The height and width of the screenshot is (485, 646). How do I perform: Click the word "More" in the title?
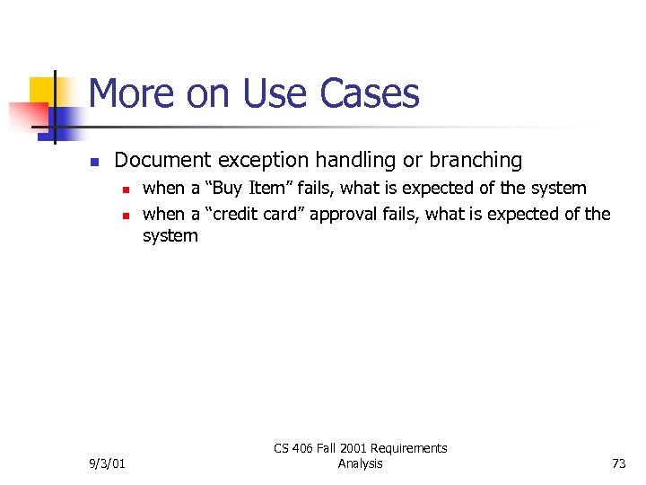click(127, 93)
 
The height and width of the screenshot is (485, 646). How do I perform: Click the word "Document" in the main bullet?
click(162, 161)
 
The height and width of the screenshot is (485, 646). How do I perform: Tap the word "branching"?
click(475, 161)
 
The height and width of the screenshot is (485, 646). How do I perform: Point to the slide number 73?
click(618, 463)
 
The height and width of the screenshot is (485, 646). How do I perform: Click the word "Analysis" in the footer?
click(360, 463)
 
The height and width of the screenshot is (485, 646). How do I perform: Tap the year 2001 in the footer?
click(340, 448)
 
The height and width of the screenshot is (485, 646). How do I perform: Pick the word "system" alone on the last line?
click(170, 236)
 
